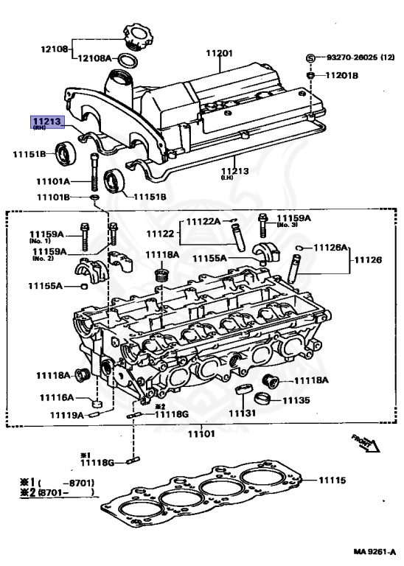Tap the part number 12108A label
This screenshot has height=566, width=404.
coord(94,57)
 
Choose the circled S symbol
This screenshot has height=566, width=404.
coord(310,57)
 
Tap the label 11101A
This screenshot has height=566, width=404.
coord(51,181)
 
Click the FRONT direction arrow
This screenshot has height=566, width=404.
coord(365,442)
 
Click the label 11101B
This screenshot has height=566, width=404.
coord(51,198)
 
